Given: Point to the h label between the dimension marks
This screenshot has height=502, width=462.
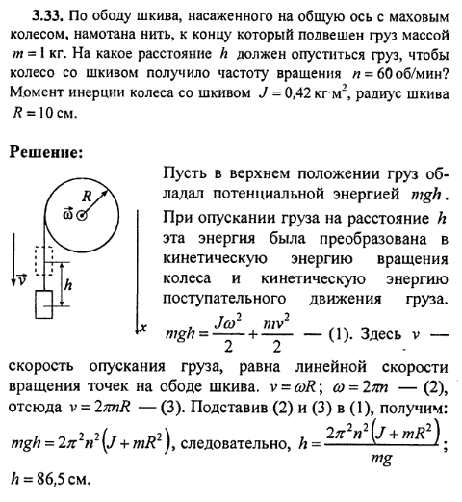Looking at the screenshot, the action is pyautogui.click(x=67, y=284).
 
